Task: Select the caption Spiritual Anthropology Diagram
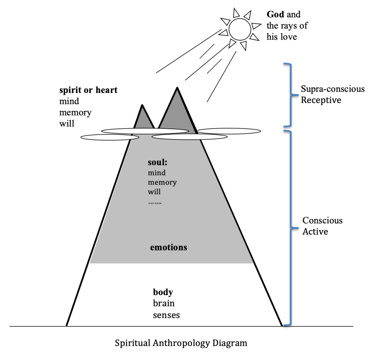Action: [x=181, y=343]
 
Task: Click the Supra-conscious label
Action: [x=332, y=89]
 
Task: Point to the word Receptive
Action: [x=321, y=100]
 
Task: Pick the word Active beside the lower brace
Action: [x=315, y=231]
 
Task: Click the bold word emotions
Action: [x=169, y=248]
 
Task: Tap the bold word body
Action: [x=162, y=292]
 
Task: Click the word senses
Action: [x=166, y=315]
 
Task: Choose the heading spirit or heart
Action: [x=88, y=90]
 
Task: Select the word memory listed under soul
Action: [x=162, y=182]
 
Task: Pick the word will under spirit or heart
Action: [x=66, y=123]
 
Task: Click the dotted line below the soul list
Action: [x=155, y=202]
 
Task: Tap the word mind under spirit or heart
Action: [x=69, y=101]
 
